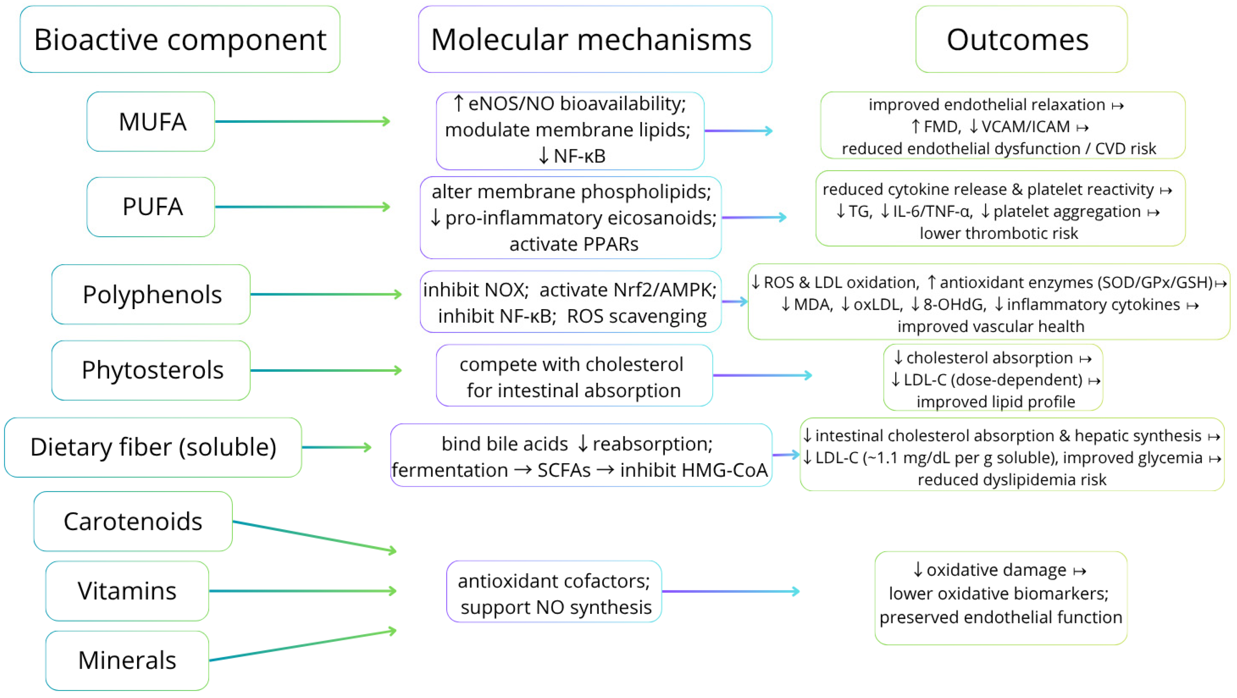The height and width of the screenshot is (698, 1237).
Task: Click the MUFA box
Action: tap(151, 121)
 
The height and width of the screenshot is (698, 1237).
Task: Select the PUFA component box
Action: tap(151, 207)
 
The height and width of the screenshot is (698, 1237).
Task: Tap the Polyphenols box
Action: tap(151, 294)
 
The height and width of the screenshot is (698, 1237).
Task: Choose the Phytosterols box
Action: tap(151, 370)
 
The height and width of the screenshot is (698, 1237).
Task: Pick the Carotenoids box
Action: tap(133, 522)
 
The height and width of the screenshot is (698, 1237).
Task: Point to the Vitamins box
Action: tap(127, 591)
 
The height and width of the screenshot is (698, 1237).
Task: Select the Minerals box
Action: tap(127, 661)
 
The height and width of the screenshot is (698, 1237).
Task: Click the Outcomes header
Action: tap(1021, 40)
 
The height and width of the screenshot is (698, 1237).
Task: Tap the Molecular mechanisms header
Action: tap(595, 40)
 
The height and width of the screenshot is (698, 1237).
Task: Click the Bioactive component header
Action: tap(180, 40)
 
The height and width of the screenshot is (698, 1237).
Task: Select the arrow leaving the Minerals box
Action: tap(302, 646)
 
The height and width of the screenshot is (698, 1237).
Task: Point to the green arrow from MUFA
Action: tap(302, 121)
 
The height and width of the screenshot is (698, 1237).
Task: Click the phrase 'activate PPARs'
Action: tap(574, 244)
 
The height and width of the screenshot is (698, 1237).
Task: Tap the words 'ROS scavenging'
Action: tap(636, 316)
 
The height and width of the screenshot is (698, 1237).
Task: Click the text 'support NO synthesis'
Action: tap(555, 607)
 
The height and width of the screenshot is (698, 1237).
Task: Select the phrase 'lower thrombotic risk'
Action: tap(998, 233)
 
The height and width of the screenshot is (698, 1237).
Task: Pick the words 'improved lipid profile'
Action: tap(996, 402)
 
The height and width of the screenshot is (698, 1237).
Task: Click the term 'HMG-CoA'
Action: tap(694, 470)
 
